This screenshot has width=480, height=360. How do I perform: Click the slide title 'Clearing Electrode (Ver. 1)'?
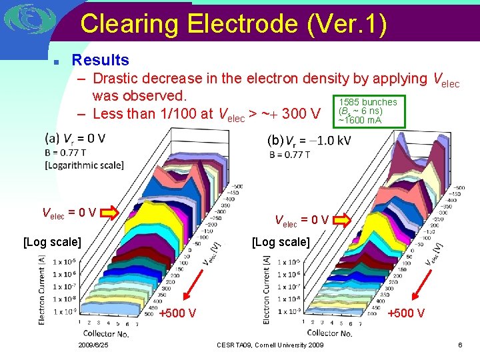pyautogui.click(x=233, y=24)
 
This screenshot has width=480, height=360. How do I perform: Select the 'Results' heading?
pyautogui.click(x=100, y=61)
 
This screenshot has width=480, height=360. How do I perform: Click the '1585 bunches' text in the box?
pyautogui.click(x=368, y=102)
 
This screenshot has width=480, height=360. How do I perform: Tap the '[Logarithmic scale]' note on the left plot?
pyautogui.click(x=84, y=165)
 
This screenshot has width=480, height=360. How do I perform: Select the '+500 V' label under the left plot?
pyautogui.click(x=177, y=313)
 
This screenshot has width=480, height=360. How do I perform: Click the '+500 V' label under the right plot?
pyautogui.click(x=407, y=313)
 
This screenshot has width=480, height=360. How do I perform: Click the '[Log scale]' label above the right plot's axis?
pyautogui.click(x=281, y=241)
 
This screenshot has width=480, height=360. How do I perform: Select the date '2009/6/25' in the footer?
pyautogui.click(x=93, y=345)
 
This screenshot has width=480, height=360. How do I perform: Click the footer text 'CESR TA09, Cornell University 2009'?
pyautogui.click(x=270, y=345)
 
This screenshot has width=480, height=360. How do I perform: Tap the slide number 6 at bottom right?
pyautogui.click(x=460, y=345)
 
